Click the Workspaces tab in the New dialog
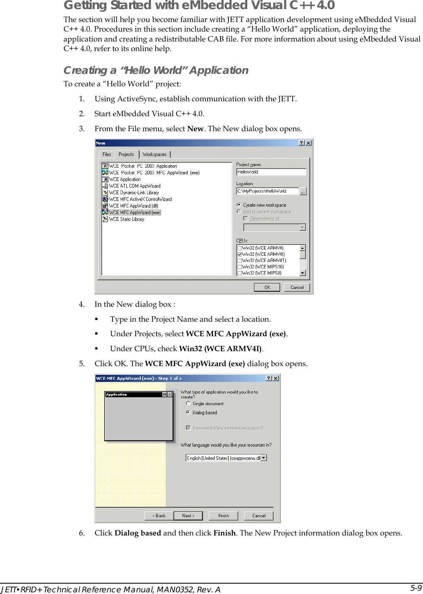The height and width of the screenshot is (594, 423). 154,154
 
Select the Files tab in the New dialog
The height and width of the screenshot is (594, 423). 107,154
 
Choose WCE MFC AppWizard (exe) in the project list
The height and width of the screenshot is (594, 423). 134,213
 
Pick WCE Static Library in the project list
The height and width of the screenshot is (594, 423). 126,219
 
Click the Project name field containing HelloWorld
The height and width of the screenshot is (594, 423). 271,172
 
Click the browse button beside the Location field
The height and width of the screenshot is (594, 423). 303,191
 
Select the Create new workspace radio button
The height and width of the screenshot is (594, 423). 239,205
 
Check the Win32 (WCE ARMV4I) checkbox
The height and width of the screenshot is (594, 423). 240,254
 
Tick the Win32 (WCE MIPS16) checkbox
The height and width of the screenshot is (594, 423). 240,267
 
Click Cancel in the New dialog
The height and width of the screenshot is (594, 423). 297,287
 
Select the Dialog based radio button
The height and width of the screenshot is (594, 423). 188,413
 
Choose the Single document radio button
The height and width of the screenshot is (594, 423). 188,403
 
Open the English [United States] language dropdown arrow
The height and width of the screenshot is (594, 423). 264,458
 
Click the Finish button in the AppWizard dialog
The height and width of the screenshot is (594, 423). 223,516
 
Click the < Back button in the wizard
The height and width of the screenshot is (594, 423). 159,516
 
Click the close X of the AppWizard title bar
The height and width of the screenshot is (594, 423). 276,378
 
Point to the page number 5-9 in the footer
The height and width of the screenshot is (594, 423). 416,588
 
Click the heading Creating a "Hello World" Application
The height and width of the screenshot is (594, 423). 156,70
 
